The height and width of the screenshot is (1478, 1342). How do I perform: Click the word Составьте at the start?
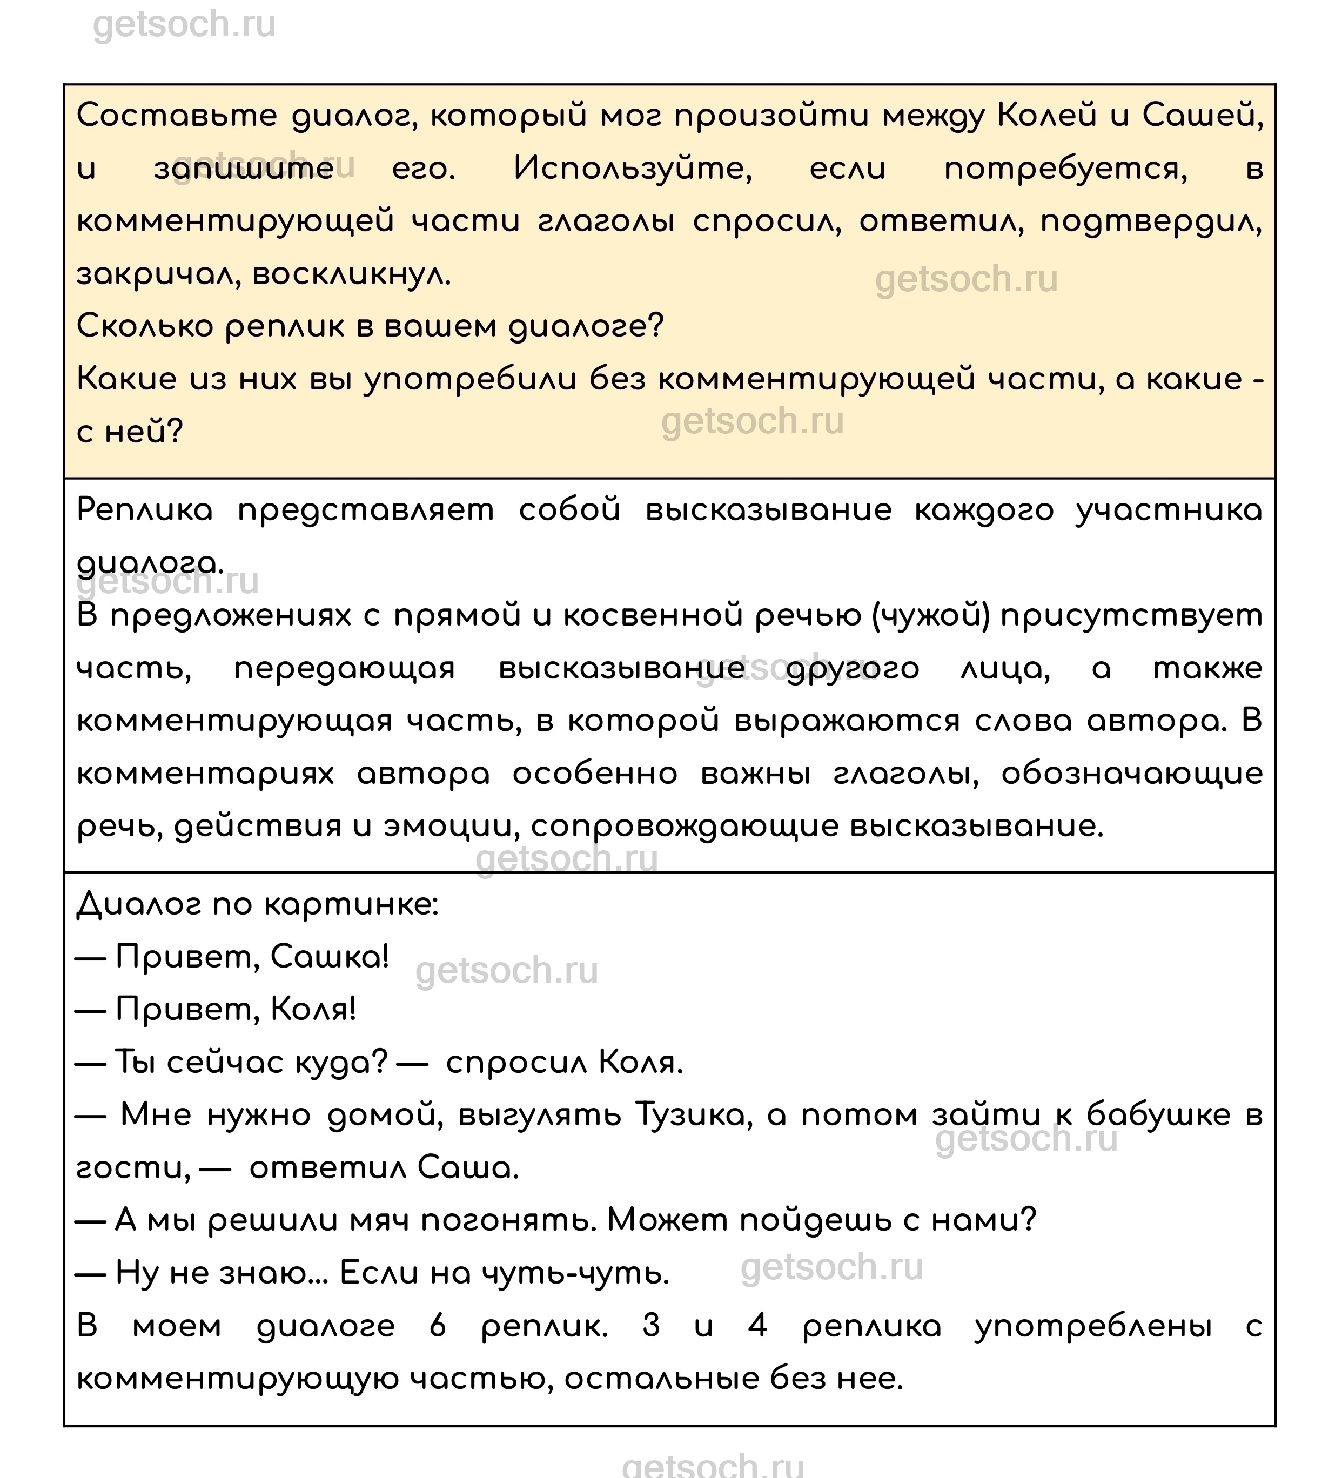click(x=177, y=116)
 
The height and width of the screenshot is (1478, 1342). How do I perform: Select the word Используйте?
click(x=632, y=169)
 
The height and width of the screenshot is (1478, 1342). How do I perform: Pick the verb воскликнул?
click(x=351, y=275)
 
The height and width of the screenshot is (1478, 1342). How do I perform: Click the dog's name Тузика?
click(x=694, y=1114)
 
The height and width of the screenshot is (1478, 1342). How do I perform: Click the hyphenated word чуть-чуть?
click(x=575, y=1273)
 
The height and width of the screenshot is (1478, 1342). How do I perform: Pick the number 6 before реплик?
click(x=438, y=1326)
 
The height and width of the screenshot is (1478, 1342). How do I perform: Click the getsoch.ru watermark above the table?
click(x=184, y=25)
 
